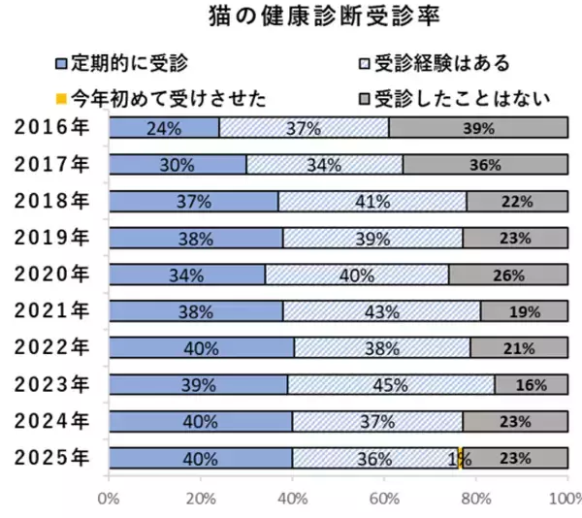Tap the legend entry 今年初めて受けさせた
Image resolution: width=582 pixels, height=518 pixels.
pyautogui.click(x=160, y=97)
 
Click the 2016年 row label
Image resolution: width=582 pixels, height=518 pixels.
pyautogui.click(x=53, y=127)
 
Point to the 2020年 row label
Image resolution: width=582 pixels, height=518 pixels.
pyautogui.click(x=53, y=275)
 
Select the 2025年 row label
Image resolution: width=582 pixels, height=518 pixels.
pyautogui.click(x=53, y=458)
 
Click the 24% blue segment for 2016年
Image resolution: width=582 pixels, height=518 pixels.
pyautogui.click(x=164, y=128)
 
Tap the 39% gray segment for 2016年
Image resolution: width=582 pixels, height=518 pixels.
pyautogui.click(x=478, y=128)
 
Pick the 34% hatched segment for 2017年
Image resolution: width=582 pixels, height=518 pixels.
pyautogui.click(x=324, y=165)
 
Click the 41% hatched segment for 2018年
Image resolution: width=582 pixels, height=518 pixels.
pyautogui.click(x=372, y=202)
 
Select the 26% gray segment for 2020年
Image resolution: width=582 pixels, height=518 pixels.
pyautogui.click(x=508, y=275)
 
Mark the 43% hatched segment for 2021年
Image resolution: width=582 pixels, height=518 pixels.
pyautogui.click(x=381, y=311)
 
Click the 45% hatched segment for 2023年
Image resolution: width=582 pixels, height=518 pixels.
pyautogui.click(x=390, y=385)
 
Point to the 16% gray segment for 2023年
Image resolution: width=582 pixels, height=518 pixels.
pyautogui.click(x=531, y=385)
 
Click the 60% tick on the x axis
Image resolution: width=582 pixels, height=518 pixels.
pyautogui.click(x=384, y=500)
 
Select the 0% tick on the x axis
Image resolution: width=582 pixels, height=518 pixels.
pyautogui.click(x=109, y=500)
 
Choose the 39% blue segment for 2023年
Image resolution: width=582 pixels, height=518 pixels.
pyautogui.click(x=198, y=385)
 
